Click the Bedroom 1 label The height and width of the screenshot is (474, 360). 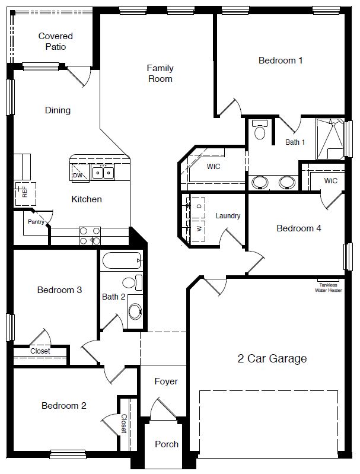click(281, 60)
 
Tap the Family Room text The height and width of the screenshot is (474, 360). click(160, 74)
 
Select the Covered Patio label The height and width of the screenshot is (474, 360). click(55, 42)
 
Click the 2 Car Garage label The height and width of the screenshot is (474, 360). click(272, 358)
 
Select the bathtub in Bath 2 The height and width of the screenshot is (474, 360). click(122, 261)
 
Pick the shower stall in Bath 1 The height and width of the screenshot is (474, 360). click(330, 139)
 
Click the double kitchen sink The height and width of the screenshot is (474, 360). click(103, 173)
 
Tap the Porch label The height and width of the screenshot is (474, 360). click(167, 444)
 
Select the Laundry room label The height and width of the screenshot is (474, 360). click(228, 216)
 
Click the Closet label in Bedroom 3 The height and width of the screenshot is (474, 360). click(40, 351)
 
